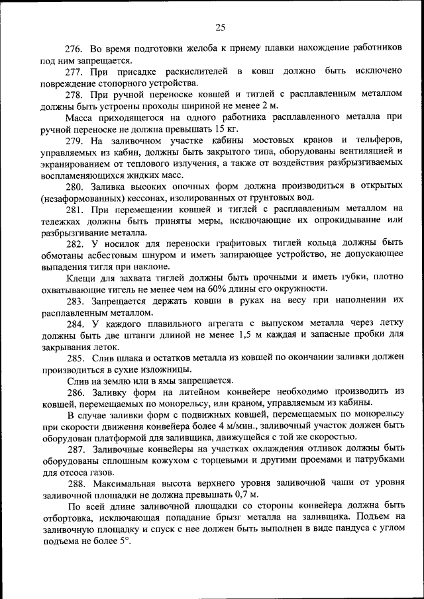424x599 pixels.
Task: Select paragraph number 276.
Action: tap(75, 50)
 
